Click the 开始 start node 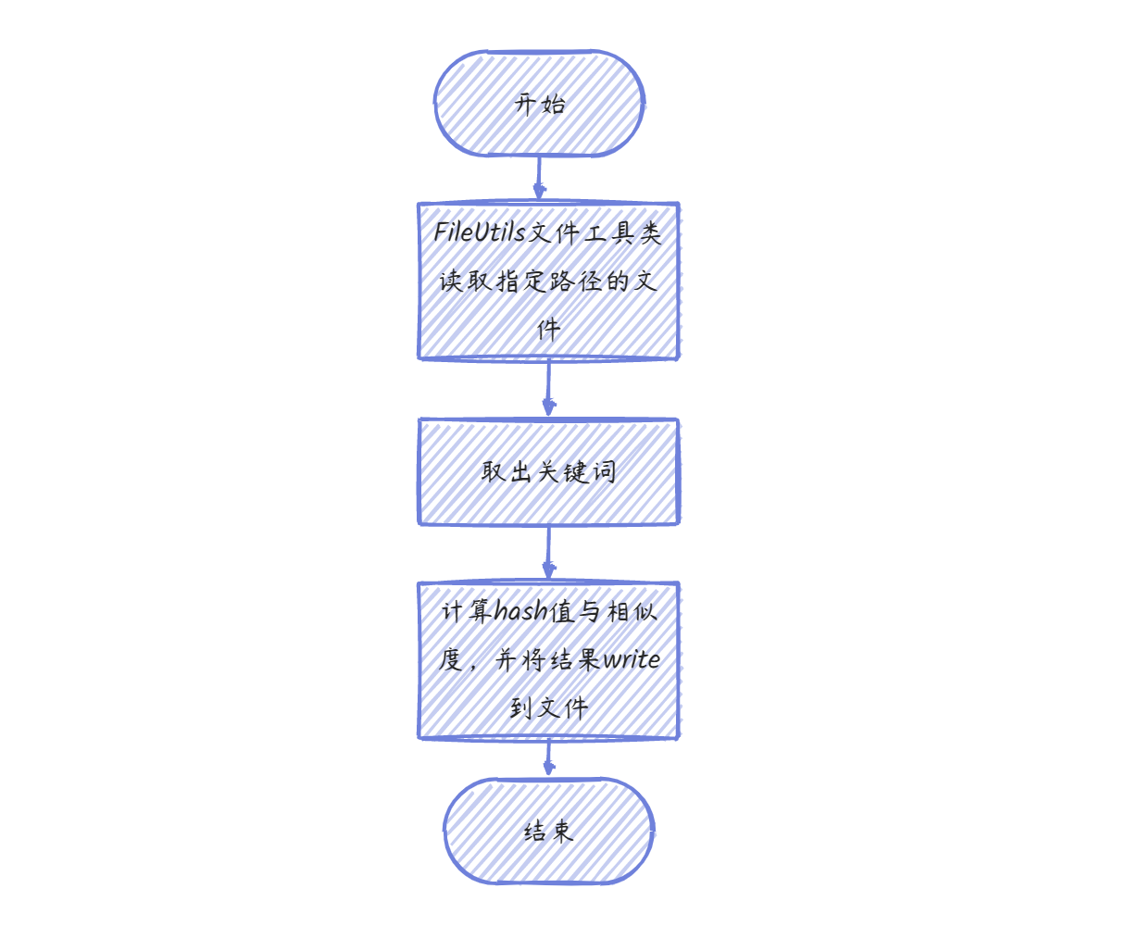point(540,104)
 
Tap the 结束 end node point(549,831)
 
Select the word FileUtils point(479,231)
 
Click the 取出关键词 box point(549,471)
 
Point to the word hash point(519,612)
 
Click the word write point(632,660)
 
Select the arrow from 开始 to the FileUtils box point(539,179)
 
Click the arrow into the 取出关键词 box point(548,388)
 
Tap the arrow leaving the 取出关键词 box point(548,553)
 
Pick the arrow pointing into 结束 point(548,757)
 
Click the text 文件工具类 point(595,232)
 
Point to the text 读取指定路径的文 point(549,281)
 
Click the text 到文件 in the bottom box point(549,708)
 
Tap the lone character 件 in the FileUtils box point(549,329)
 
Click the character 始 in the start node point(554,104)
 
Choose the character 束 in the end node point(562,832)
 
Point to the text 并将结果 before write point(548,660)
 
